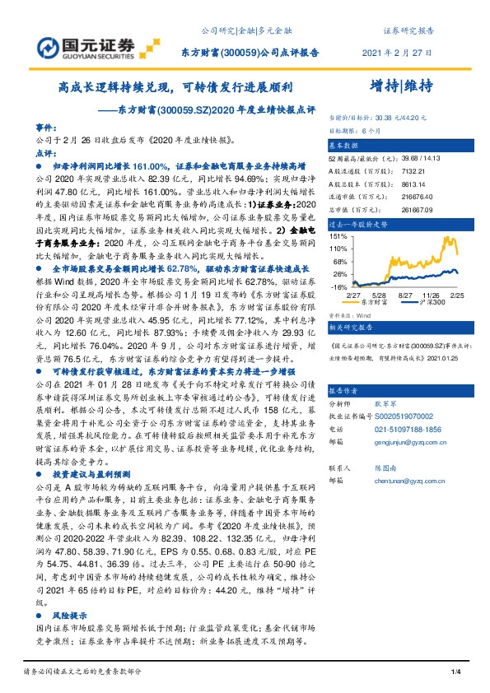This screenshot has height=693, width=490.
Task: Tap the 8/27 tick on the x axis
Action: (x=405, y=294)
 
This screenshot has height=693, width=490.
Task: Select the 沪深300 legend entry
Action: (x=432, y=303)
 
